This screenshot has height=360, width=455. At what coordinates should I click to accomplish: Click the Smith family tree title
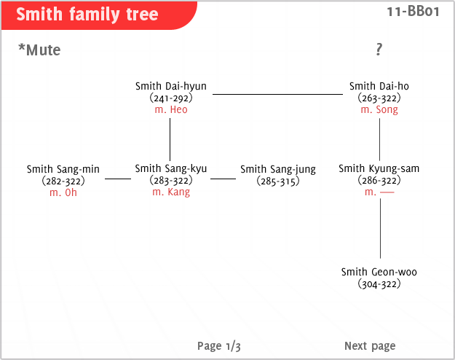click(x=87, y=15)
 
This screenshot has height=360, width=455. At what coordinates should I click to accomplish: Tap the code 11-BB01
click(x=413, y=12)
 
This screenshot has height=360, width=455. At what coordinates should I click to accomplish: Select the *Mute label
click(x=39, y=50)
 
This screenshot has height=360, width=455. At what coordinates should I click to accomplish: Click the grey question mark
click(x=379, y=49)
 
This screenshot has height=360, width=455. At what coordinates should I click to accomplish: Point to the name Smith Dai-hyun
click(x=171, y=86)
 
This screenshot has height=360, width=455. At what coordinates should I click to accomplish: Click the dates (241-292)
click(x=171, y=98)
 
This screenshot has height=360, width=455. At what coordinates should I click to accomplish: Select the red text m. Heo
click(x=171, y=109)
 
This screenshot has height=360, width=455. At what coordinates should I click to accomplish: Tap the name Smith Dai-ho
click(x=379, y=86)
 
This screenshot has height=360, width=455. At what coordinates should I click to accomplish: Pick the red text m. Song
click(x=379, y=109)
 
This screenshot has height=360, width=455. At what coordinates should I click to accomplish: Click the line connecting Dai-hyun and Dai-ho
click(x=277, y=94)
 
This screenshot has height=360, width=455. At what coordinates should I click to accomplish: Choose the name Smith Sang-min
click(x=63, y=169)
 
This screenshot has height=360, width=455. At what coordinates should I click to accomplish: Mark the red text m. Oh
click(x=63, y=192)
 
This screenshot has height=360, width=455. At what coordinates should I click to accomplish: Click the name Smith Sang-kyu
click(x=171, y=168)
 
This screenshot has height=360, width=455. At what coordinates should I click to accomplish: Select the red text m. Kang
click(x=171, y=192)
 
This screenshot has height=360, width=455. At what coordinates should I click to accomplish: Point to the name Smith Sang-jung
click(x=278, y=169)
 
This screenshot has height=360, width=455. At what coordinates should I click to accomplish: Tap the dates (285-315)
click(x=278, y=181)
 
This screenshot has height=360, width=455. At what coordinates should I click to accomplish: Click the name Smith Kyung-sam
click(x=379, y=168)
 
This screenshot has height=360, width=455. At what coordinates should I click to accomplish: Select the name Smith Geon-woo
click(x=379, y=272)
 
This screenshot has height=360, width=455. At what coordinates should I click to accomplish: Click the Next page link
click(x=370, y=346)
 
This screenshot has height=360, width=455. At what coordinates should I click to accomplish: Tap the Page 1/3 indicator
click(x=219, y=346)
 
